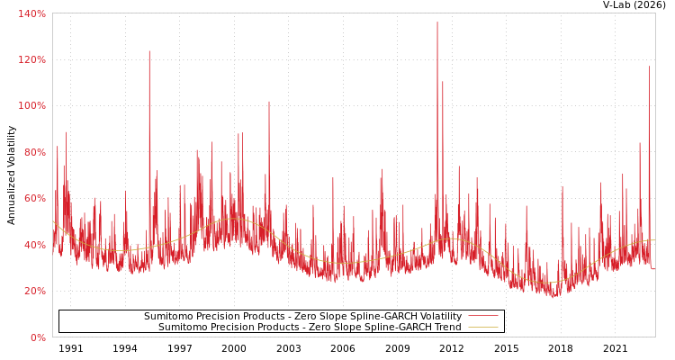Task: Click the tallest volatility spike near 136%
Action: click(437, 22)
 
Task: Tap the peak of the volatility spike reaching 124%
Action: click(149, 51)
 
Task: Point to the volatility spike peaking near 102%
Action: click(268, 102)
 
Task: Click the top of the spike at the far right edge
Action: click(649, 67)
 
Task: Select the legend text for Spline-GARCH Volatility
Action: click(302, 317)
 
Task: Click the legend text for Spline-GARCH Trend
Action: click(310, 328)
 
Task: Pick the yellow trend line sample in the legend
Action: click(482, 328)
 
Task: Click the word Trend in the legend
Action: click(445, 328)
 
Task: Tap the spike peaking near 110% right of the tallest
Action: click(443, 82)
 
